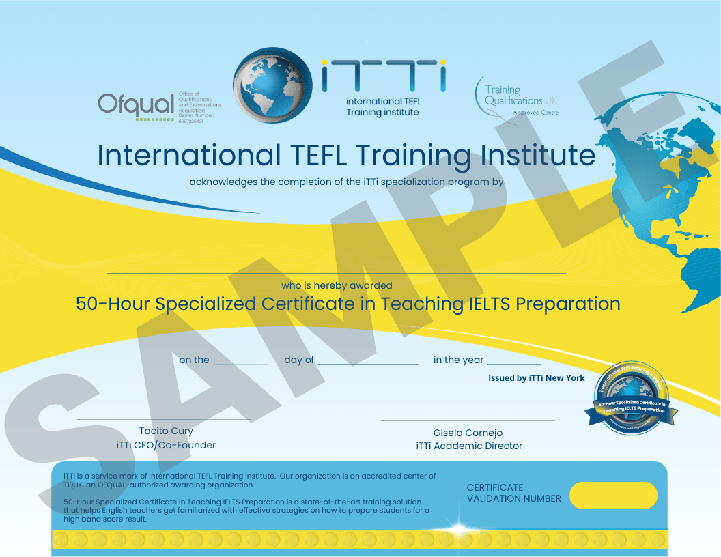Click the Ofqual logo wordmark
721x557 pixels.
[136, 104]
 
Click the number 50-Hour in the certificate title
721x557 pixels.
[113, 303]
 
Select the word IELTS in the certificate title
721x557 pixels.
[477, 303]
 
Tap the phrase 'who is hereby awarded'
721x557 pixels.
[337, 285]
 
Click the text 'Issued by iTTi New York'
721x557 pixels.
[536, 377]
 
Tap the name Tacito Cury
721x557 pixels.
[166, 431]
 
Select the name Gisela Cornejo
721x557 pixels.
[468, 433]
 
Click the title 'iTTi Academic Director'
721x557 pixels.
[469, 446]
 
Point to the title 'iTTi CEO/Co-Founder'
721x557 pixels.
[166, 445]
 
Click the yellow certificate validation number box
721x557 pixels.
[613, 495]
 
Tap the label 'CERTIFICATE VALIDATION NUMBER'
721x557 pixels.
[513, 493]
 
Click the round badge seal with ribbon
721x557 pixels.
[630, 399]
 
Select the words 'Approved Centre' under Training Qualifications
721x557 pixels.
[535, 113]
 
